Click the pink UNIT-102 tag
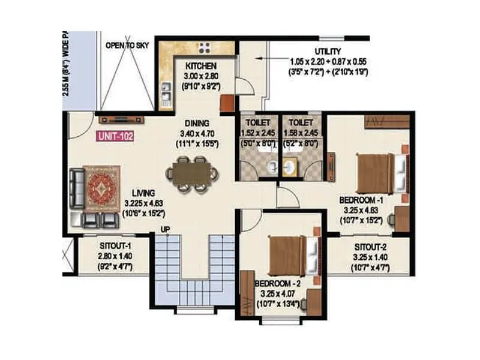pyautogui.click(x=114, y=136)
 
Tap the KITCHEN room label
pyautogui.click(x=200, y=65)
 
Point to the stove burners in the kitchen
pyautogui.click(x=205, y=47)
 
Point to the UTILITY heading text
pyautogui.click(x=329, y=52)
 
